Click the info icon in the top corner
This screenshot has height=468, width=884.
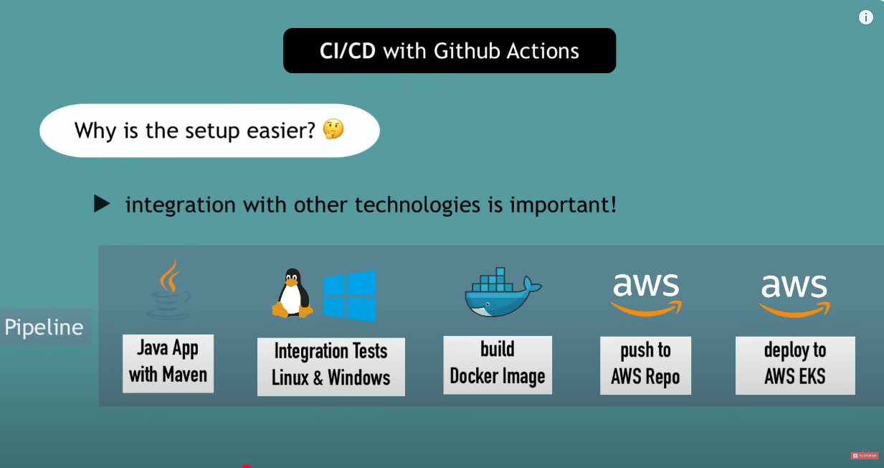pos(866,17)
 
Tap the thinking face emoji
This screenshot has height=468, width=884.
pos(333,129)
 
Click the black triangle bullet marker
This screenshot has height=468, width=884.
pos(102,204)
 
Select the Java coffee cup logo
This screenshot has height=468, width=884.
pos(168,289)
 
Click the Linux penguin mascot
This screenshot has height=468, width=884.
pos(293,293)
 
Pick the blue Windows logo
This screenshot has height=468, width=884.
pos(349,296)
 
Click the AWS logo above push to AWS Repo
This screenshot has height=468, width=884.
pos(646,294)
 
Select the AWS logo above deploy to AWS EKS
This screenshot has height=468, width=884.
pos(794,296)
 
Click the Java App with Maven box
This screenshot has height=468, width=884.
pos(168,364)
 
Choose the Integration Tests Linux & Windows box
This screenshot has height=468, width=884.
pos(331,367)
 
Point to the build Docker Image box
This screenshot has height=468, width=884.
pos(498,365)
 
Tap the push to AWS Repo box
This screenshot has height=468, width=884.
pos(646,365)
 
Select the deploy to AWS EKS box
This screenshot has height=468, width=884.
pos(795,365)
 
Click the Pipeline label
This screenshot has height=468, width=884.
pos(44,327)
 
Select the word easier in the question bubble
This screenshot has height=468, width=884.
pos(281,131)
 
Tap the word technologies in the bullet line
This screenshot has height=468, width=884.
pos(417,205)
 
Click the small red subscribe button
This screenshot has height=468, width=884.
pos(864,456)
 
